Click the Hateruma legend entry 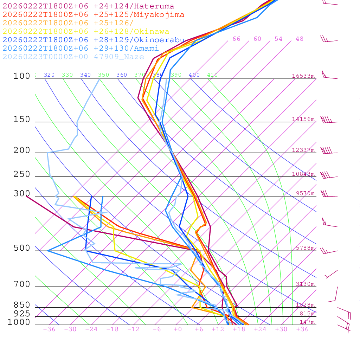pos(88,6)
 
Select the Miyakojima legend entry pos(93,15)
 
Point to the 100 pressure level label pos(22,76)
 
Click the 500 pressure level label pos(22,249)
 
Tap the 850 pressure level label pos(22,305)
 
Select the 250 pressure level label pos(22,174)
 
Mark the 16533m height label pos(303,76)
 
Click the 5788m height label pos(305,248)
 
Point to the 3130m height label pos(305,284)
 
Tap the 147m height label pos(307,322)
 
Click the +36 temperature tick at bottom pos(302,329)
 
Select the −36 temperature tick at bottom pos(49,329)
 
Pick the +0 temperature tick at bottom pos(178,329)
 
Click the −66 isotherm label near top pos(234,39)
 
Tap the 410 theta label pos(212,75)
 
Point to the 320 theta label pos(49,75)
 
